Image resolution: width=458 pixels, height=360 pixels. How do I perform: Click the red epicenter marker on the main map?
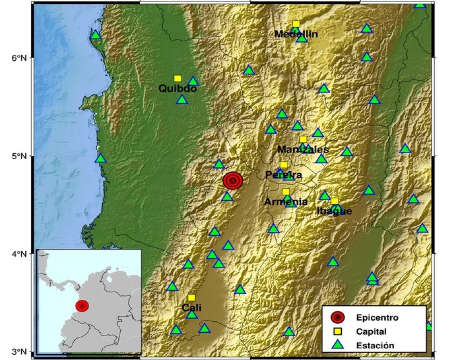tap(233, 180)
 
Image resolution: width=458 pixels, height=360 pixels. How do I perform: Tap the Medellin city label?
tap(296, 34)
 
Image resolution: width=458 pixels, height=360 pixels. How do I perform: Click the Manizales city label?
tap(303, 149)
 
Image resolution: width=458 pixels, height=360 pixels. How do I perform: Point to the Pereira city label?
tap(284, 175)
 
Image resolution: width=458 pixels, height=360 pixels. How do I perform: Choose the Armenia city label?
tap(286, 201)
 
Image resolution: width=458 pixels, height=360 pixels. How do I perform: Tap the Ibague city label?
tap(334, 211)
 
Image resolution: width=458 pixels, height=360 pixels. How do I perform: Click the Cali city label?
tap(191, 308)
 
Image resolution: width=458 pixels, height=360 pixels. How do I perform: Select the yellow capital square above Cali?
tap(191, 297)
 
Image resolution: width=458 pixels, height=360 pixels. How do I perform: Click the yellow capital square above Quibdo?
tap(178, 78)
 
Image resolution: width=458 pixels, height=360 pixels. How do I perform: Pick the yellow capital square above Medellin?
tap(296, 24)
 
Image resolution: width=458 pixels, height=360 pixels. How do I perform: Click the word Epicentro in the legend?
tap(377, 318)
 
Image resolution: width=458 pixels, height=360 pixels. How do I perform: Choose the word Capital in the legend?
tap(371, 332)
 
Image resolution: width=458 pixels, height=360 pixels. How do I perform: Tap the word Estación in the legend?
tap(375, 345)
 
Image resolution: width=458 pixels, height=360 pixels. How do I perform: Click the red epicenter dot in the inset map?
tap(82, 306)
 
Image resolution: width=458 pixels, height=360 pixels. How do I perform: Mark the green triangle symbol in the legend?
tap(338, 345)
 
